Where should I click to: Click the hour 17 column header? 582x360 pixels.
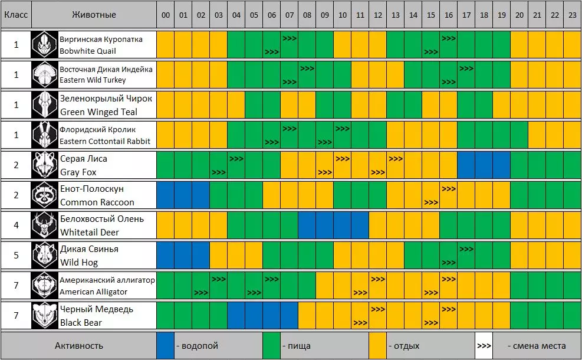click(x=466, y=15)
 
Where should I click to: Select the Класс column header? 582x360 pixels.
click(x=16, y=15)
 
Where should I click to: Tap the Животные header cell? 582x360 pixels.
click(x=94, y=15)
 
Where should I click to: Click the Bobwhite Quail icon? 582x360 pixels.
click(x=45, y=45)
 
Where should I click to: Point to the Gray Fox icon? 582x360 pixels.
click(x=45, y=165)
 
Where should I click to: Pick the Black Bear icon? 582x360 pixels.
click(x=45, y=316)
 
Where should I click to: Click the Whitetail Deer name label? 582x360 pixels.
click(x=102, y=225)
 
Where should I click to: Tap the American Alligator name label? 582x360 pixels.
click(x=107, y=286)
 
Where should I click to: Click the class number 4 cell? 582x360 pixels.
click(x=16, y=225)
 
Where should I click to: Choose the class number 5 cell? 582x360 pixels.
click(x=16, y=256)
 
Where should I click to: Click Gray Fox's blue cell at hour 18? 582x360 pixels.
click(x=484, y=165)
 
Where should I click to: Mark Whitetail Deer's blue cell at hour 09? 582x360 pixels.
click(x=324, y=225)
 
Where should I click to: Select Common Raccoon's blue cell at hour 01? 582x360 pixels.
click(x=183, y=195)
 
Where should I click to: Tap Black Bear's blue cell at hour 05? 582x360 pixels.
click(x=254, y=316)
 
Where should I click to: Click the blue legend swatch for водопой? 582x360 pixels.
click(x=165, y=346)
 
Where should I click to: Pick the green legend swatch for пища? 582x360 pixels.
click(x=271, y=346)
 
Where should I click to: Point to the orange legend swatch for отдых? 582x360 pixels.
click(x=377, y=346)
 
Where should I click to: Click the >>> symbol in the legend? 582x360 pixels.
click(x=484, y=346)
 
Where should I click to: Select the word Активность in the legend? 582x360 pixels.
click(x=78, y=346)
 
